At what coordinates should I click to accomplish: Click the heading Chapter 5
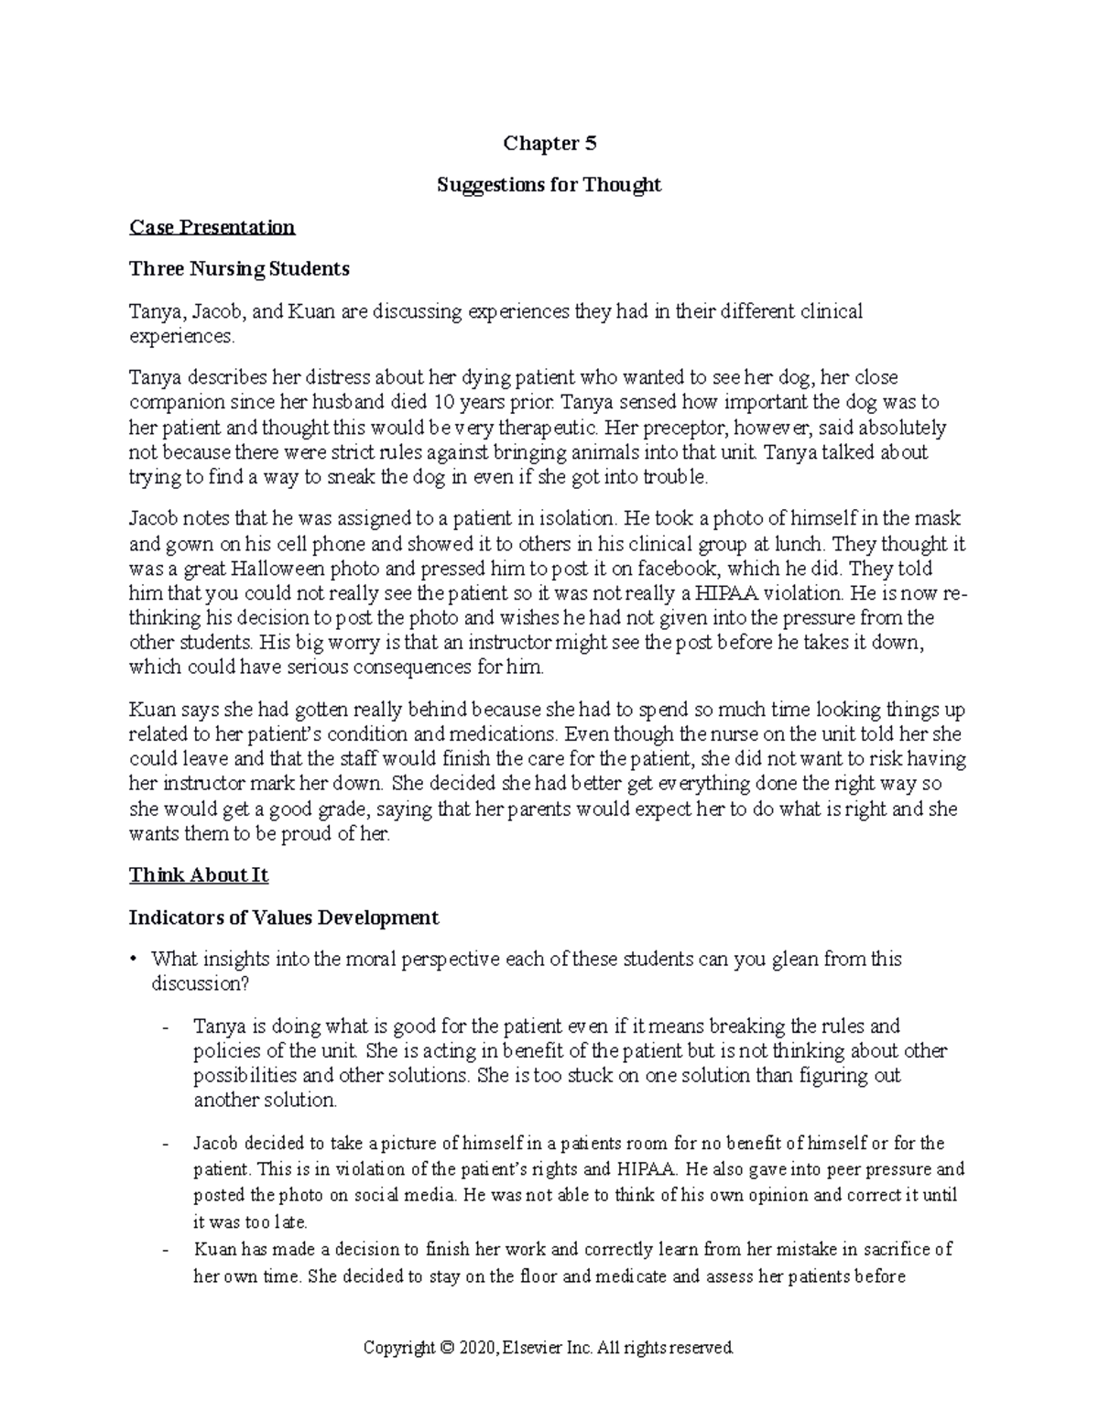pyautogui.click(x=549, y=143)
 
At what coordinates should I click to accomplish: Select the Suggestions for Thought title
pyautogui.click(x=549, y=185)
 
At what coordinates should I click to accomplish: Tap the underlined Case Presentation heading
pyautogui.click(x=212, y=227)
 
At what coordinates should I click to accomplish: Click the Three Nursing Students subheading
pyautogui.click(x=239, y=269)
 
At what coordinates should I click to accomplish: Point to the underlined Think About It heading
pyautogui.click(x=199, y=875)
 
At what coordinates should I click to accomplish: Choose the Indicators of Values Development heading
pyautogui.click(x=284, y=917)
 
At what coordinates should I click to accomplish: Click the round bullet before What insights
pyautogui.click(x=134, y=960)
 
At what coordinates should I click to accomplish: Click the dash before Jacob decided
pyautogui.click(x=165, y=1145)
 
